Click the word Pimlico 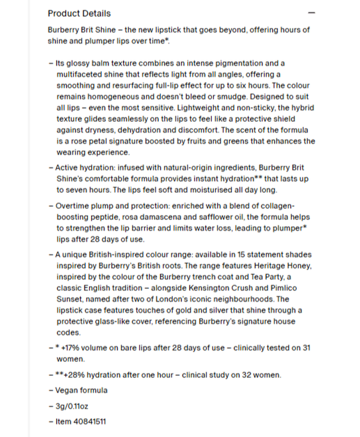click(283, 288)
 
